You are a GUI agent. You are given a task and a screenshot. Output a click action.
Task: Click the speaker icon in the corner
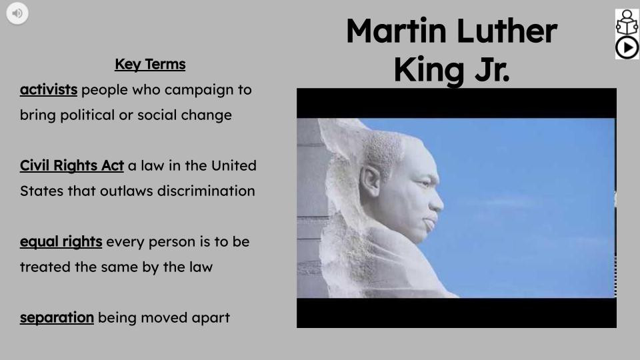(x=17, y=13)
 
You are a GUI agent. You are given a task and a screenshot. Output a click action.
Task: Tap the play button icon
(x=627, y=47)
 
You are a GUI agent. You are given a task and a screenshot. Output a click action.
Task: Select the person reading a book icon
(x=627, y=22)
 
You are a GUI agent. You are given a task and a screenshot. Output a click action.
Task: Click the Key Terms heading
(x=150, y=65)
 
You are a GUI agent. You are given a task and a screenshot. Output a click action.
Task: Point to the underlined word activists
(x=49, y=89)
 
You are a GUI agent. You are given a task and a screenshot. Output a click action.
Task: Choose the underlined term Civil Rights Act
(x=72, y=165)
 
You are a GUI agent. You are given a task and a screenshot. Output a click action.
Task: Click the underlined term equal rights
(x=61, y=241)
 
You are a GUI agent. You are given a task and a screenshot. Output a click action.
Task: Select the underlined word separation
(x=57, y=317)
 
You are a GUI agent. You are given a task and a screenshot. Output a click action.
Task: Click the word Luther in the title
(x=507, y=31)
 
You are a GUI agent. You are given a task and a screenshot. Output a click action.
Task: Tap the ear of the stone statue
(x=370, y=180)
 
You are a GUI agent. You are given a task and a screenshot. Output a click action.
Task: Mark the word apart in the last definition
(x=211, y=317)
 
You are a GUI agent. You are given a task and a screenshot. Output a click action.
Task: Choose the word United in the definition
(x=235, y=165)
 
